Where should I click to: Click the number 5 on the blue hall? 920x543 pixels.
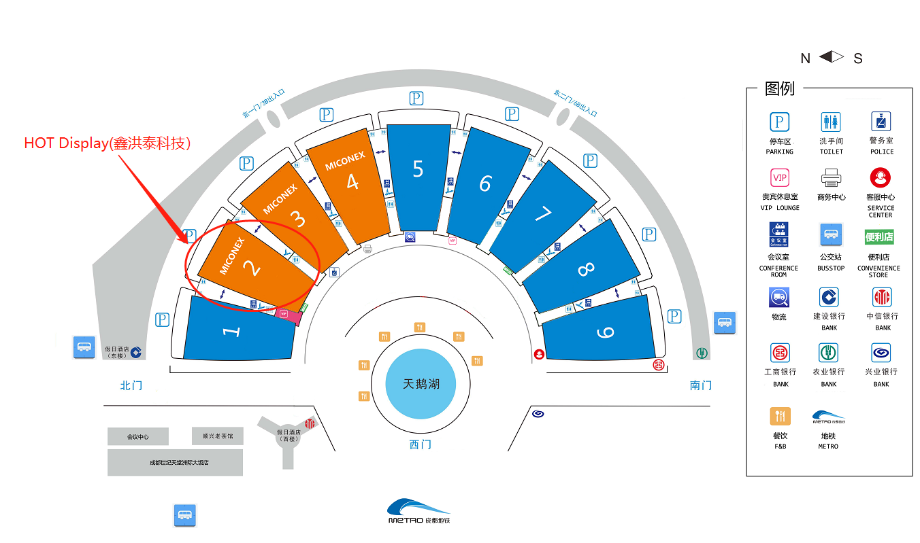(x=418, y=169)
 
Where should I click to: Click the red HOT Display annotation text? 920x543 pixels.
(x=108, y=143)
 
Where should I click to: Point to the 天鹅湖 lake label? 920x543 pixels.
(x=421, y=384)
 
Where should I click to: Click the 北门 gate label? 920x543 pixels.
(x=131, y=385)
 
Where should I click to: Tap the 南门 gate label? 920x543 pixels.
(x=701, y=385)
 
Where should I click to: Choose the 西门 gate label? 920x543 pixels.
(x=421, y=444)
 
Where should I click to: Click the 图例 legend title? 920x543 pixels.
(x=780, y=88)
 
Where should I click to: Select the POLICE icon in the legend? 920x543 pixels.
(x=881, y=122)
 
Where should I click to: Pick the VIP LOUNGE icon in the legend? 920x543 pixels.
(x=780, y=177)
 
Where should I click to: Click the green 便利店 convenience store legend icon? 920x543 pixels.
(x=878, y=237)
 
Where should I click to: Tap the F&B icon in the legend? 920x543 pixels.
(x=780, y=415)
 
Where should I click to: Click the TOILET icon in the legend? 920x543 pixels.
(x=831, y=122)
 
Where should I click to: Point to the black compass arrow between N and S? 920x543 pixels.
(x=832, y=57)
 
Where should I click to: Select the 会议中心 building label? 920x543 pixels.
(x=137, y=436)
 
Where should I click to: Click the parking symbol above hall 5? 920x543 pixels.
(x=416, y=99)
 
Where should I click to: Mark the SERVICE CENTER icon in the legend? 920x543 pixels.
(x=881, y=178)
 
